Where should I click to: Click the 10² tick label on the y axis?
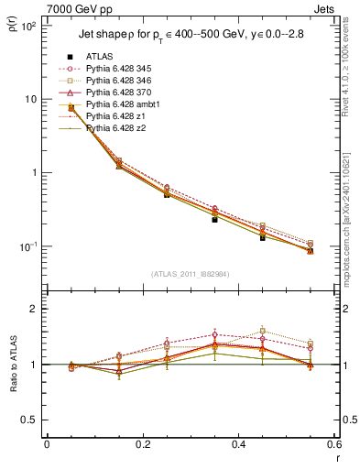[x=27, y=26]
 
